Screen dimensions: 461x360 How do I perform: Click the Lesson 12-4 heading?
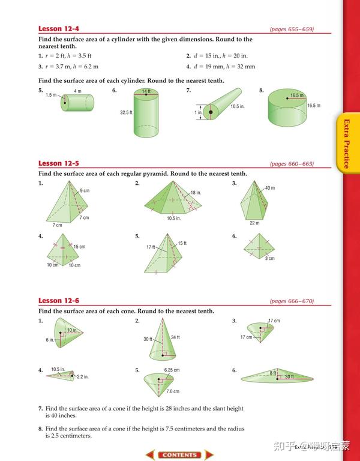pyautogui.click(x=59, y=29)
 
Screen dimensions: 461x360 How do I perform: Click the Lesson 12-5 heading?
pyautogui.click(x=59, y=163)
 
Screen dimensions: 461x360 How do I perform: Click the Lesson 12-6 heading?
pyautogui.click(x=59, y=301)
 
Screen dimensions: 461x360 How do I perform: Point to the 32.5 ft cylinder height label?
pyautogui.click(x=126, y=113)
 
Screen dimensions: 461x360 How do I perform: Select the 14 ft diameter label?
pyautogui.click(x=146, y=91)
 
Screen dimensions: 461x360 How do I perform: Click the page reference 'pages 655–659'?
pyautogui.click(x=292, y=29)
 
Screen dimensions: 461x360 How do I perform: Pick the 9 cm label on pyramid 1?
pyautogui.click(x=85, y=191)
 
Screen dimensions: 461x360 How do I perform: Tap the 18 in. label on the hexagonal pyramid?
pyautogui.click(x=196, y=193)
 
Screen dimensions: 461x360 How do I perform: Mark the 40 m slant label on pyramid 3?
pyautogui.click(x=269, y=188)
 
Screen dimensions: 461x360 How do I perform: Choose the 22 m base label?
pyautogui.click(x=255, y=223)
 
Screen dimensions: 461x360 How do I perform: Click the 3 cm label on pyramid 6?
pyautogui.click(x=270, y=258)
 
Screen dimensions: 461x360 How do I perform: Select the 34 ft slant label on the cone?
pyautogui.click(x=175, y=337)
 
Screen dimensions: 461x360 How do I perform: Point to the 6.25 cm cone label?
pyautogui.click(x=172, y=370)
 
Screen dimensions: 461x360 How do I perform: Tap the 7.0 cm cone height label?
pyautogui.click(x=173, y=391)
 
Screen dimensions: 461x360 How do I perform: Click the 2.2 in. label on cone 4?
pyautogui.click(x=83, y=377)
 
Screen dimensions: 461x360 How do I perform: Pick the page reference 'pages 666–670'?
pyautogui.click(x=292, y=301)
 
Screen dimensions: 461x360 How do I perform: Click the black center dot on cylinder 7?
pyautogui.click(x=211, y=112)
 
